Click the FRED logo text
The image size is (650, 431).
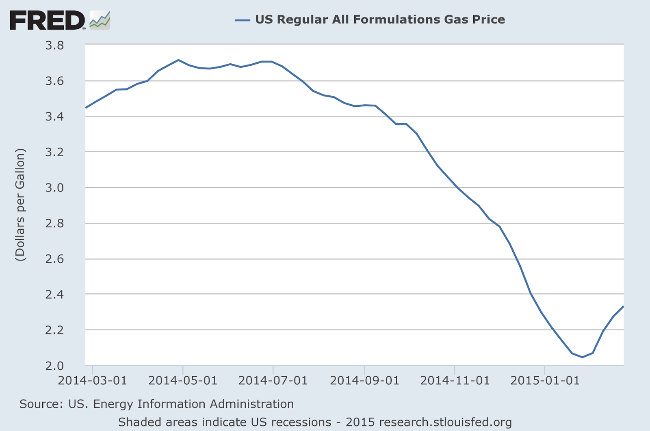(47, 20)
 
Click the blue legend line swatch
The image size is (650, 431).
(243, 20)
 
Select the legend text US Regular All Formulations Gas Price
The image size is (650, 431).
(380, 19)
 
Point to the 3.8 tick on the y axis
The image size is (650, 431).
(54, 45)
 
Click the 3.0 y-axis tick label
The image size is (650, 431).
(54, 188)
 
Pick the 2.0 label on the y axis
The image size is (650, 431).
(54, 366)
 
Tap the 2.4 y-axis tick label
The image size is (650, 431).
(54, 295)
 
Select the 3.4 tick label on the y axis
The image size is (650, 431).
(54, 117)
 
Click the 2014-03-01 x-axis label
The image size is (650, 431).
(93, 381)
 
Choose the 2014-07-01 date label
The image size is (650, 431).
(273, 381)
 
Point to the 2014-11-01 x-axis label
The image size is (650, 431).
(455, 381)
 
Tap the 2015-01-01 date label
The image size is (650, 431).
(545, 381)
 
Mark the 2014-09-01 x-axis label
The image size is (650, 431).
(364, 381)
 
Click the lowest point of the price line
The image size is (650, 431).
(582, 357)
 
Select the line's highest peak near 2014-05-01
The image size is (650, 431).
(179, 60)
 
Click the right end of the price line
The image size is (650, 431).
(623, 306)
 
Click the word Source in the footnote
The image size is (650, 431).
(41, 404)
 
